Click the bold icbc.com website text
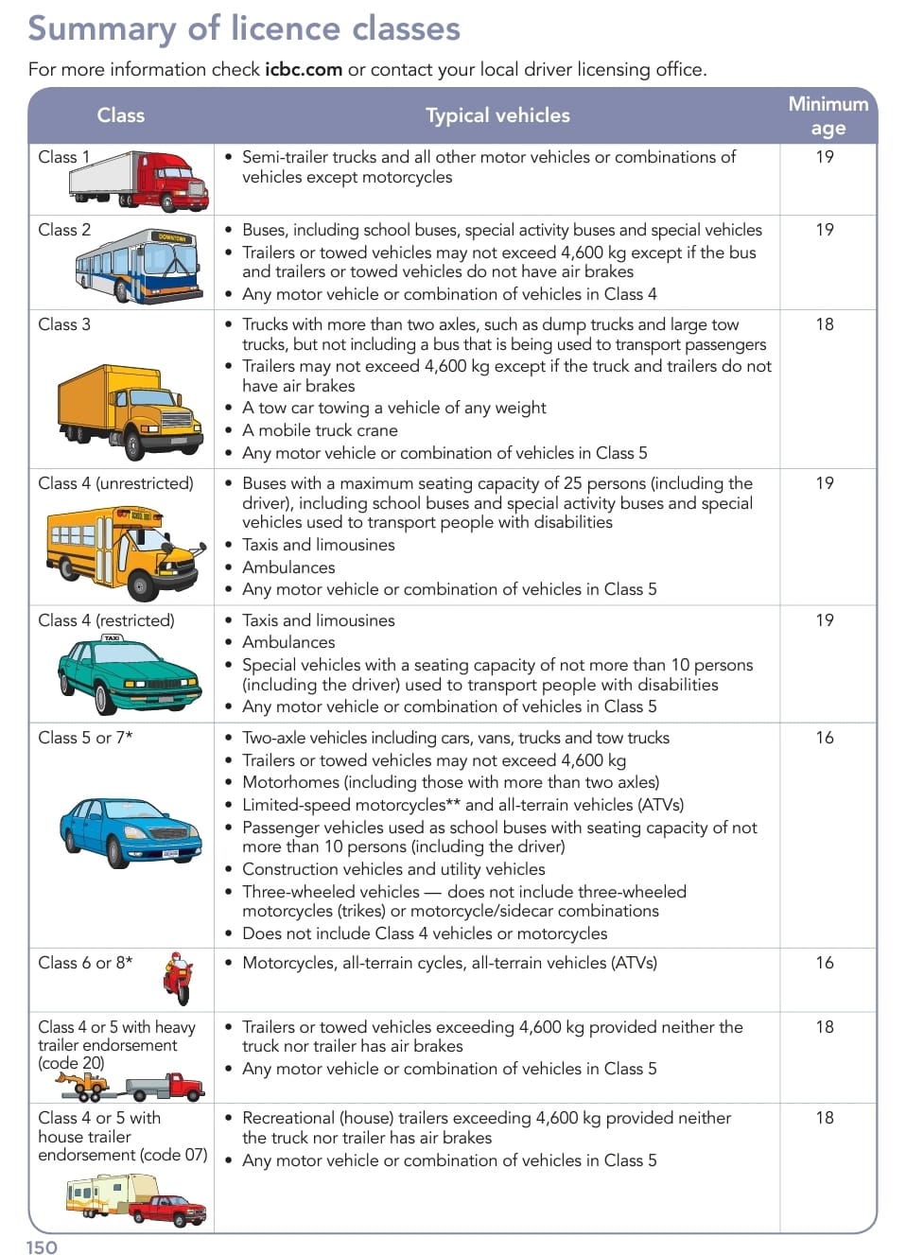point(303,69)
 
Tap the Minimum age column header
point(828,115)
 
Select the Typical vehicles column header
point(497,115)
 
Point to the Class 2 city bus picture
point(138,266)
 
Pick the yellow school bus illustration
point(124,551)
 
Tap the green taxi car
point(130,674)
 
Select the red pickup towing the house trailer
point(167,1210)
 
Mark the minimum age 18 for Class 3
point(825,324)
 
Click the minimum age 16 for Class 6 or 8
point(825,963)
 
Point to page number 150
point(42,1246)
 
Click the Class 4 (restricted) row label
point(106,620)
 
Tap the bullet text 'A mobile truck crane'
point(320,430)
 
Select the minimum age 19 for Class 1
point(825,157)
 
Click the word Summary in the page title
point(101,28)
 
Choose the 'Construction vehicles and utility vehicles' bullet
point(393,869)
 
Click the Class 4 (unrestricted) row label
point(115,483)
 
